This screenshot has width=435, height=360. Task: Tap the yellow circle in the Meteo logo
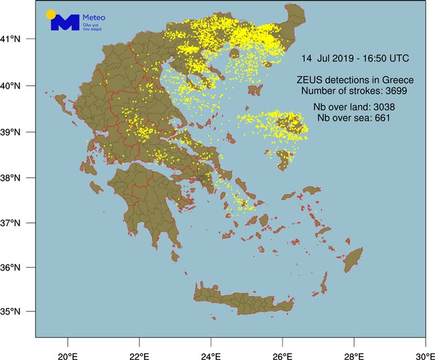[51, 14]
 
